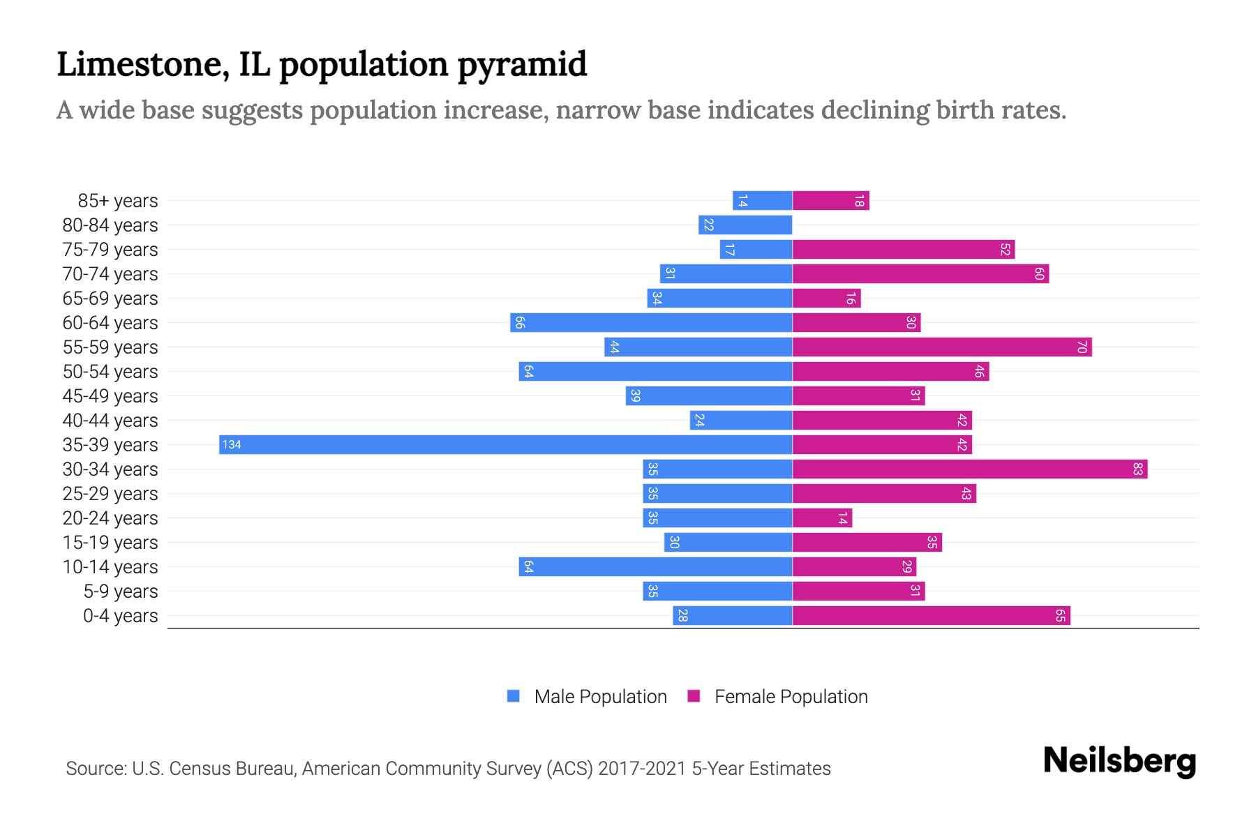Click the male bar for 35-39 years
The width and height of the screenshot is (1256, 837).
[x=505, y=444]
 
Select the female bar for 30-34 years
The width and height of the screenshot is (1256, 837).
[x=969, y=469]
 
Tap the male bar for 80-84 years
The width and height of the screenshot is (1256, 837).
[x=745, y=225]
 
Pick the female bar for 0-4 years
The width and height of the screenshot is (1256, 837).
[x=931, y=615]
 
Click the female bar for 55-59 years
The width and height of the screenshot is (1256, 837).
[x=941, y=347]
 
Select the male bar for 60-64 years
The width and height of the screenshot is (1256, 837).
[x=651, y=322]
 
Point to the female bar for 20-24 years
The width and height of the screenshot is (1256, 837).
[x=822, y=518]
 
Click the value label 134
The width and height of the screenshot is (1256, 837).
[x=232, y=444]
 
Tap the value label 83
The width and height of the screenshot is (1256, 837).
[x=1137, y=469]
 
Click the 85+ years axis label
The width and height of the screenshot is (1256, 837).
[x=117, y=201]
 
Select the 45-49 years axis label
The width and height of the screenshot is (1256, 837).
[x=110, y=396]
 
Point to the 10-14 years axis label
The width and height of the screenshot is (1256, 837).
[x=110, y=567]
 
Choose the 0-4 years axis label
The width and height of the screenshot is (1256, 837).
[x=120, y=616]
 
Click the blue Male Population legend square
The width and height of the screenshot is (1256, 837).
[x=514, y=696]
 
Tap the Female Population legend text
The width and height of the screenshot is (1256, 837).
[x=791, y=696]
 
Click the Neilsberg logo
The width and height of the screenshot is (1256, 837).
[x=1119, y=761]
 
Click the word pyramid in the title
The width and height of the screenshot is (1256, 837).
[x=522, y=64]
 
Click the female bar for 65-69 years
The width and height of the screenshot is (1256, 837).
[x=826, y=298]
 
